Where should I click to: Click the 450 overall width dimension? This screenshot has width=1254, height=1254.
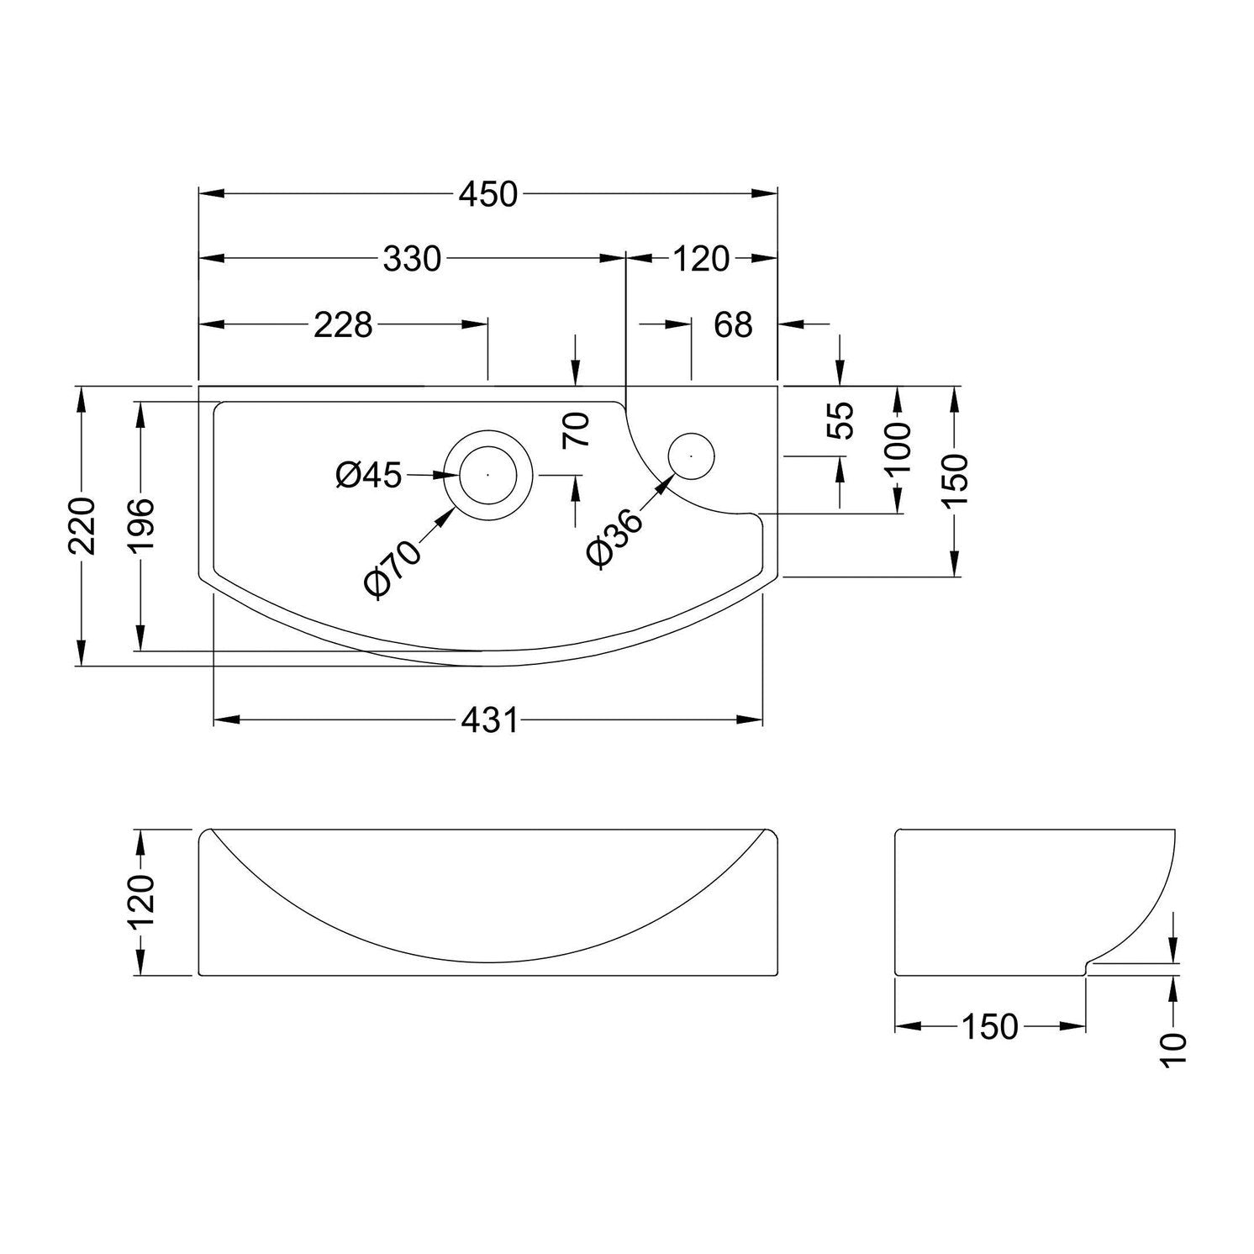tap(487, 194)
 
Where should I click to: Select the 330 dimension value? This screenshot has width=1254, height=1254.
tap(412, 260)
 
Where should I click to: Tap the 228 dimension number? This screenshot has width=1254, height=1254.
tap(343, 324)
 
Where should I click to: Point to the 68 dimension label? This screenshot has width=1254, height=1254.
tap(734, 324)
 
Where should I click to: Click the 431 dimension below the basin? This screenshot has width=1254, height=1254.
tap(488, 720)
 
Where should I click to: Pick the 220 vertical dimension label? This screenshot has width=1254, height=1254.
tap(82, 526)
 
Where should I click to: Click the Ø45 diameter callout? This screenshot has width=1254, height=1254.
tap(368, 476)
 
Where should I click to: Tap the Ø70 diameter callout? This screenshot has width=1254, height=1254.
tap(393, 568)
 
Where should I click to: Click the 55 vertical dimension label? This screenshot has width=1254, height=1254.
tap(840, 420)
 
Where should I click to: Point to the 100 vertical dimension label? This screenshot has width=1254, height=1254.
tap(898, 449)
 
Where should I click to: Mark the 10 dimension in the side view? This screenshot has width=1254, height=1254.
tap(1174, 1050)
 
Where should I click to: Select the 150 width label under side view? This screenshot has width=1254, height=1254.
tap(989, 1026)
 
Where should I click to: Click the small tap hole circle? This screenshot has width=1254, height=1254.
tap(691, 456)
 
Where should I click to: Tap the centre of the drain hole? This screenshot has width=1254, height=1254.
tap(487, 474)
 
